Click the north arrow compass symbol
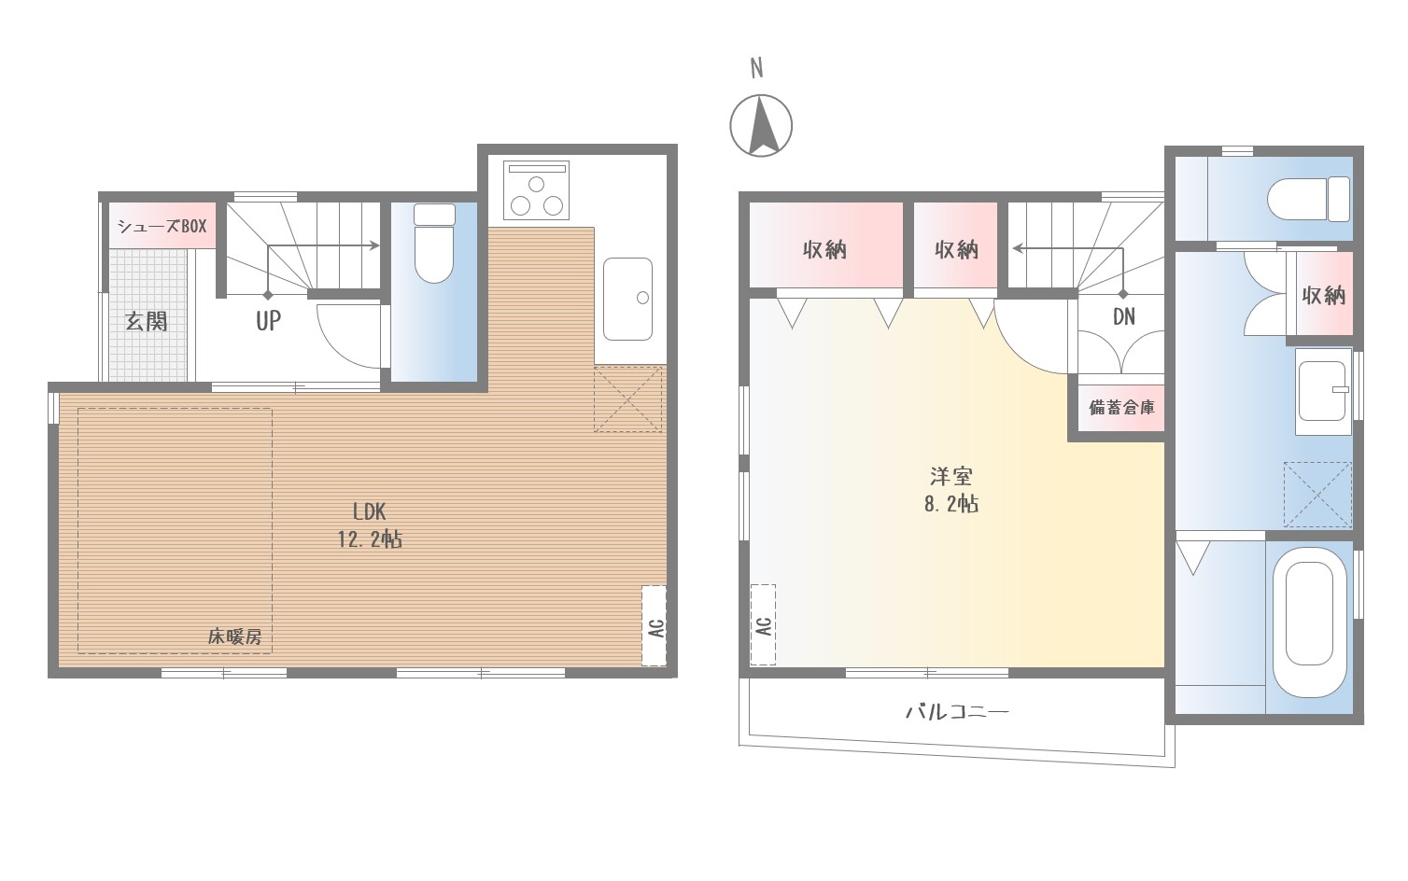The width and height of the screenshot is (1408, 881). (761, 125)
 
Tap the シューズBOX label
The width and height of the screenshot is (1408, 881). (162, 226)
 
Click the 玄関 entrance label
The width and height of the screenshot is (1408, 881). (147, 322)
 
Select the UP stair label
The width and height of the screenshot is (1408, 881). (268, 321)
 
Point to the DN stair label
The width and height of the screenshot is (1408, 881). (1124, 316)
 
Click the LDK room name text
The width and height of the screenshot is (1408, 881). (369, 512)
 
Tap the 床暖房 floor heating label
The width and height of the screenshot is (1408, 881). (234, 637)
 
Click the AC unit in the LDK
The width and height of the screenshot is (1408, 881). (654, 626)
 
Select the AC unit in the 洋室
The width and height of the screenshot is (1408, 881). (763, 624)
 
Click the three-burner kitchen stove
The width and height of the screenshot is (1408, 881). (536, 189)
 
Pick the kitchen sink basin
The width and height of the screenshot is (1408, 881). (628, 299)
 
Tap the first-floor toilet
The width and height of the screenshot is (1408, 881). (434, 244)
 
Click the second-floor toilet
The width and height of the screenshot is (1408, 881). (1308, 199)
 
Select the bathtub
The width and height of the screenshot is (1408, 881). (1310, 622)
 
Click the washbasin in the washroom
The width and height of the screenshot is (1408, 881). (1323, 391)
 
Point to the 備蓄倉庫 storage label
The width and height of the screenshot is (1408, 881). (1121, 408)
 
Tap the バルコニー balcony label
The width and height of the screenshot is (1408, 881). (957, 712)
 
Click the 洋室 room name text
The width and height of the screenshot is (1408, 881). (951, 476)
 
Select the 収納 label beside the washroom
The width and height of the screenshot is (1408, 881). (1323, 295)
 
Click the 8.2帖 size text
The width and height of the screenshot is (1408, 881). (951, 504)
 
